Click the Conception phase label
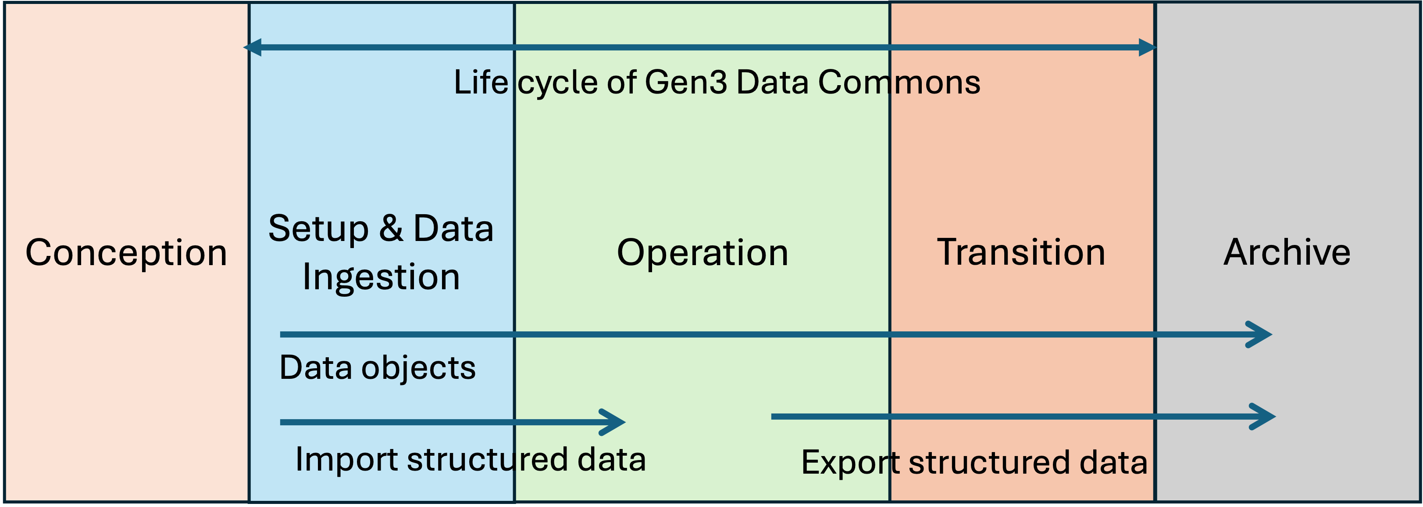[x=126, y=253]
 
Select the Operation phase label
[x=702, y=253]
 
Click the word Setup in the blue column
[x=318, y=229]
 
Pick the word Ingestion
[x=381, y=277]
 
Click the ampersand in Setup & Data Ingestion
[x=391, y=228]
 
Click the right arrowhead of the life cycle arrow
[x=1147, y=47]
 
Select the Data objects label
[x=377, y=368]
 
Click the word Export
[x=850, y=462]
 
